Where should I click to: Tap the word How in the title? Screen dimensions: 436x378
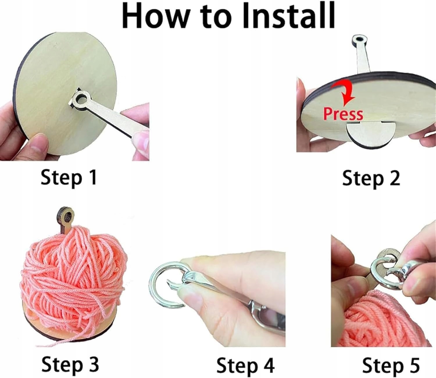coord(157,17)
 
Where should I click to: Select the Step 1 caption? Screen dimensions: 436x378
coord(69,178)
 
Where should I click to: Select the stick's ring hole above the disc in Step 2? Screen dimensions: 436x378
coord(360,39)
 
